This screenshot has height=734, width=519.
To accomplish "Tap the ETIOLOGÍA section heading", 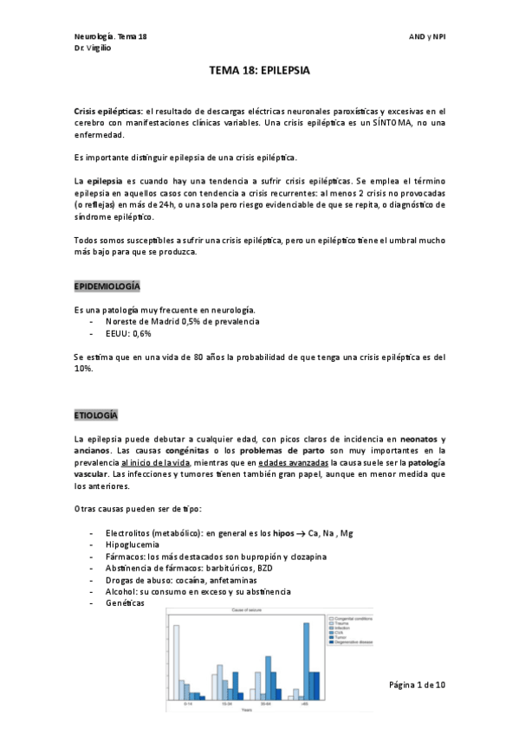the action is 95,415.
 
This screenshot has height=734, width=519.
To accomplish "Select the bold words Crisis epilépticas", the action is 109,112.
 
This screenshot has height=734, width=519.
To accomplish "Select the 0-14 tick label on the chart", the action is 188,705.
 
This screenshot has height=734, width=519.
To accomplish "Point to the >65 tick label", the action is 305,705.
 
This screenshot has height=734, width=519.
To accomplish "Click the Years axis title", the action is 247,711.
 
